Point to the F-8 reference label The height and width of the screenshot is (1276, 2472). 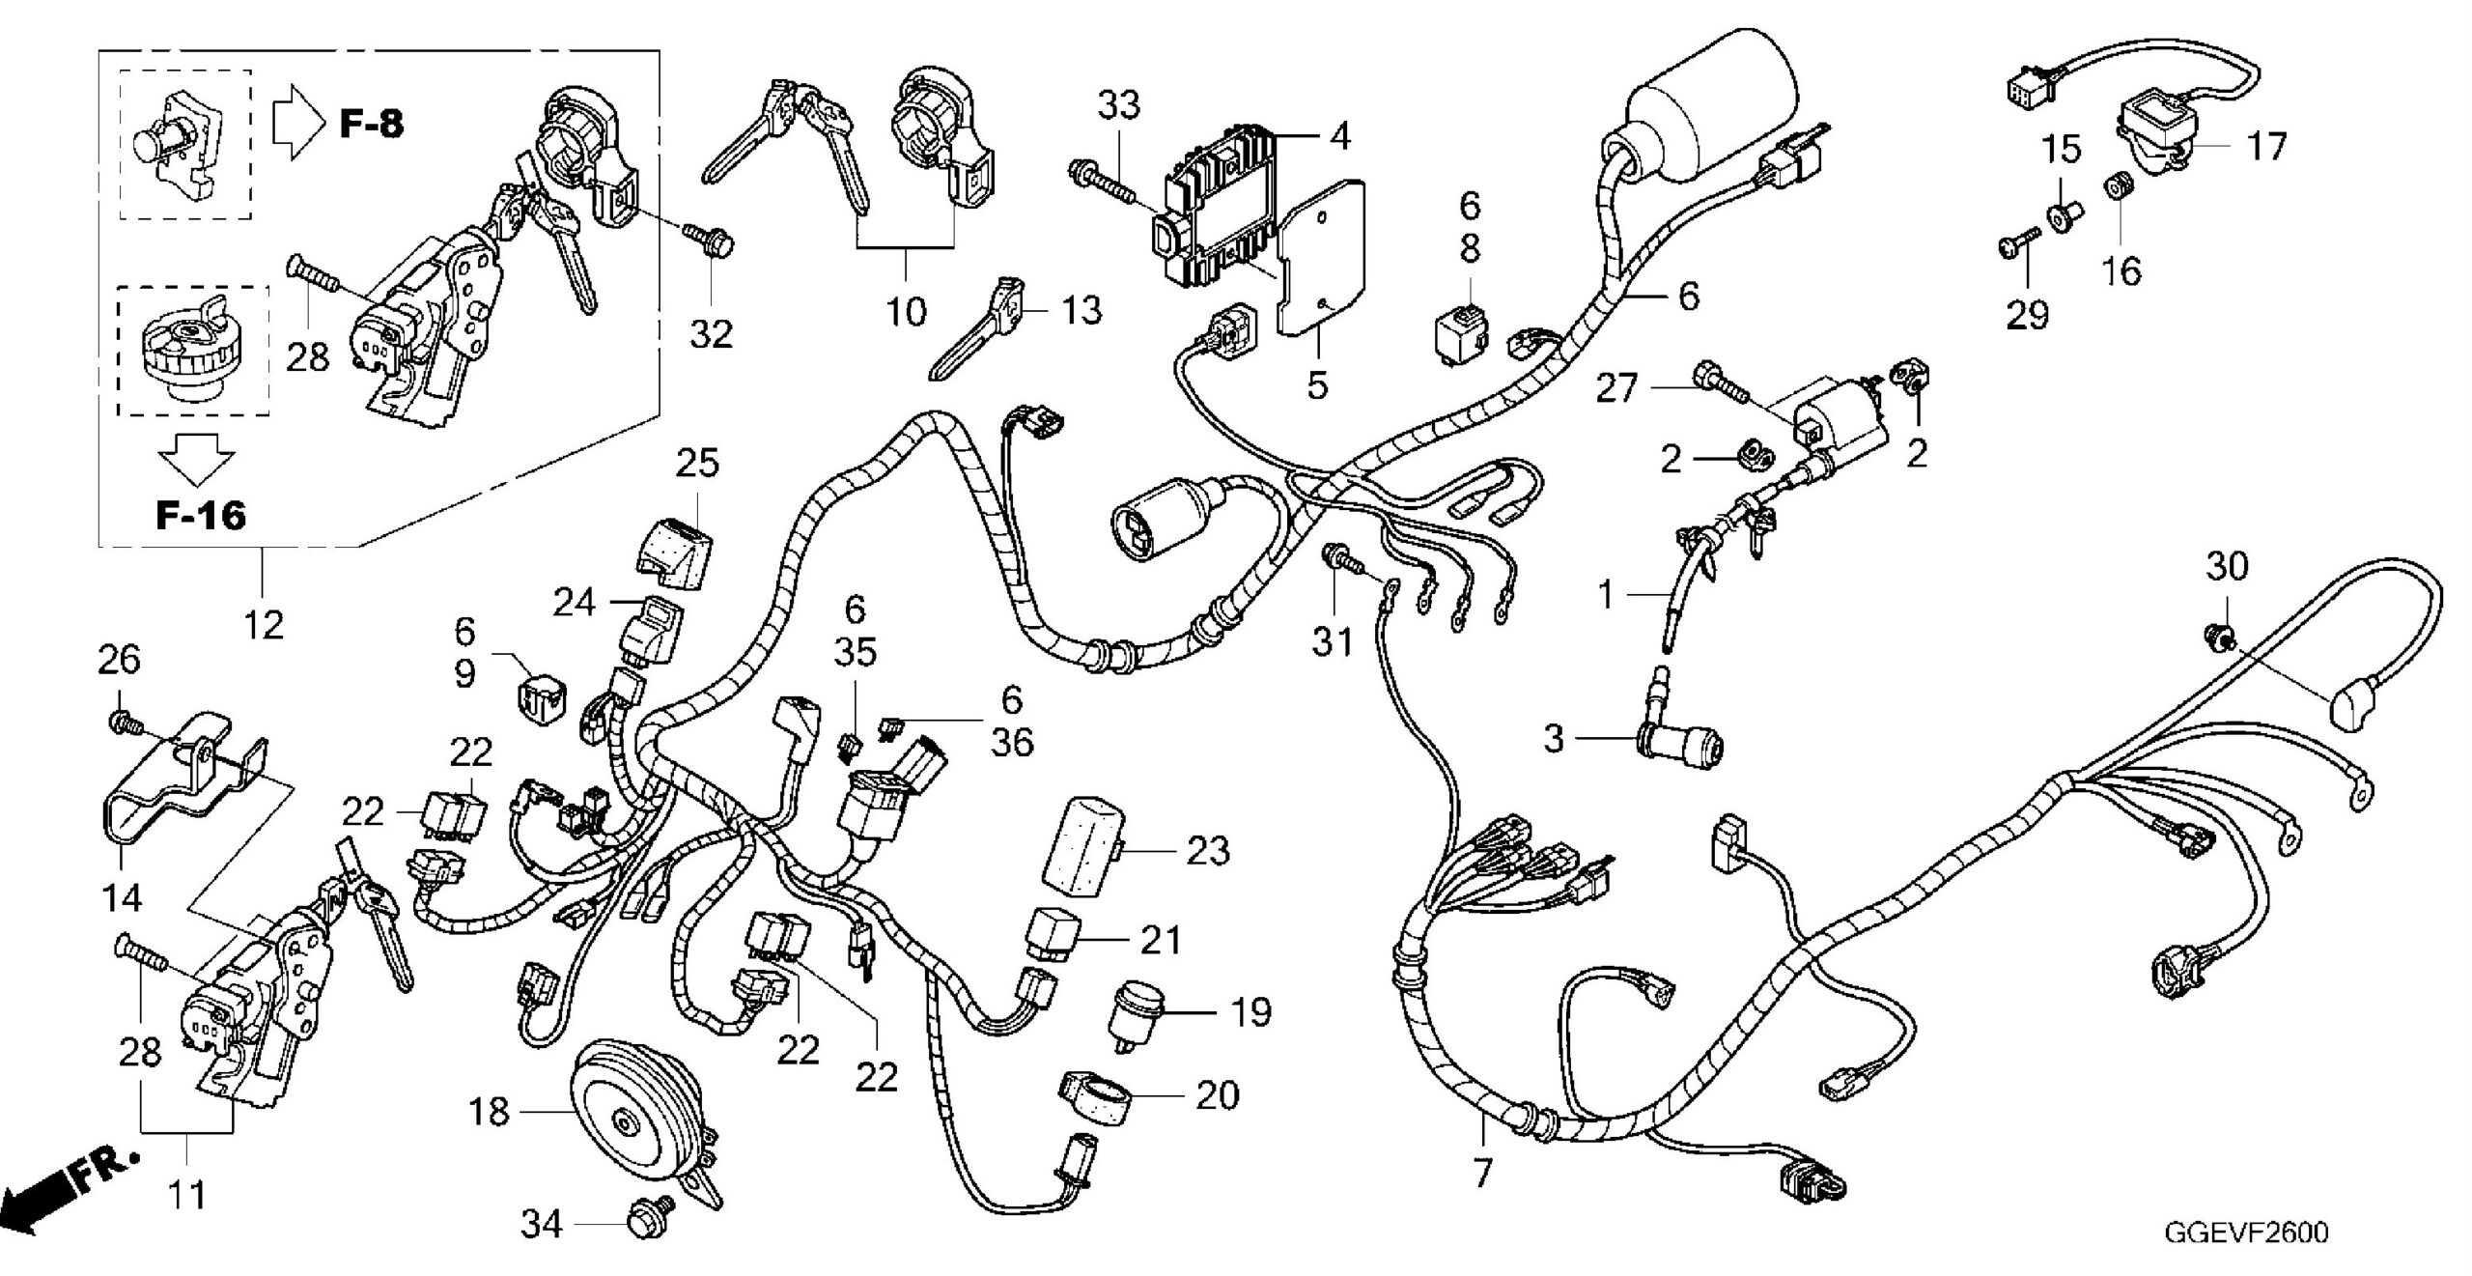[372, 124]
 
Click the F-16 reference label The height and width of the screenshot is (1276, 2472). [201, 515]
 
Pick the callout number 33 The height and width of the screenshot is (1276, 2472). [1119, 105]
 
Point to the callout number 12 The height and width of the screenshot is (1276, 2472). [263, 624]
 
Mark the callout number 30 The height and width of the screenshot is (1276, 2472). [2227, 567]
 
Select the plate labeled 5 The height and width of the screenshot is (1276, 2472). [1323, 261]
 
